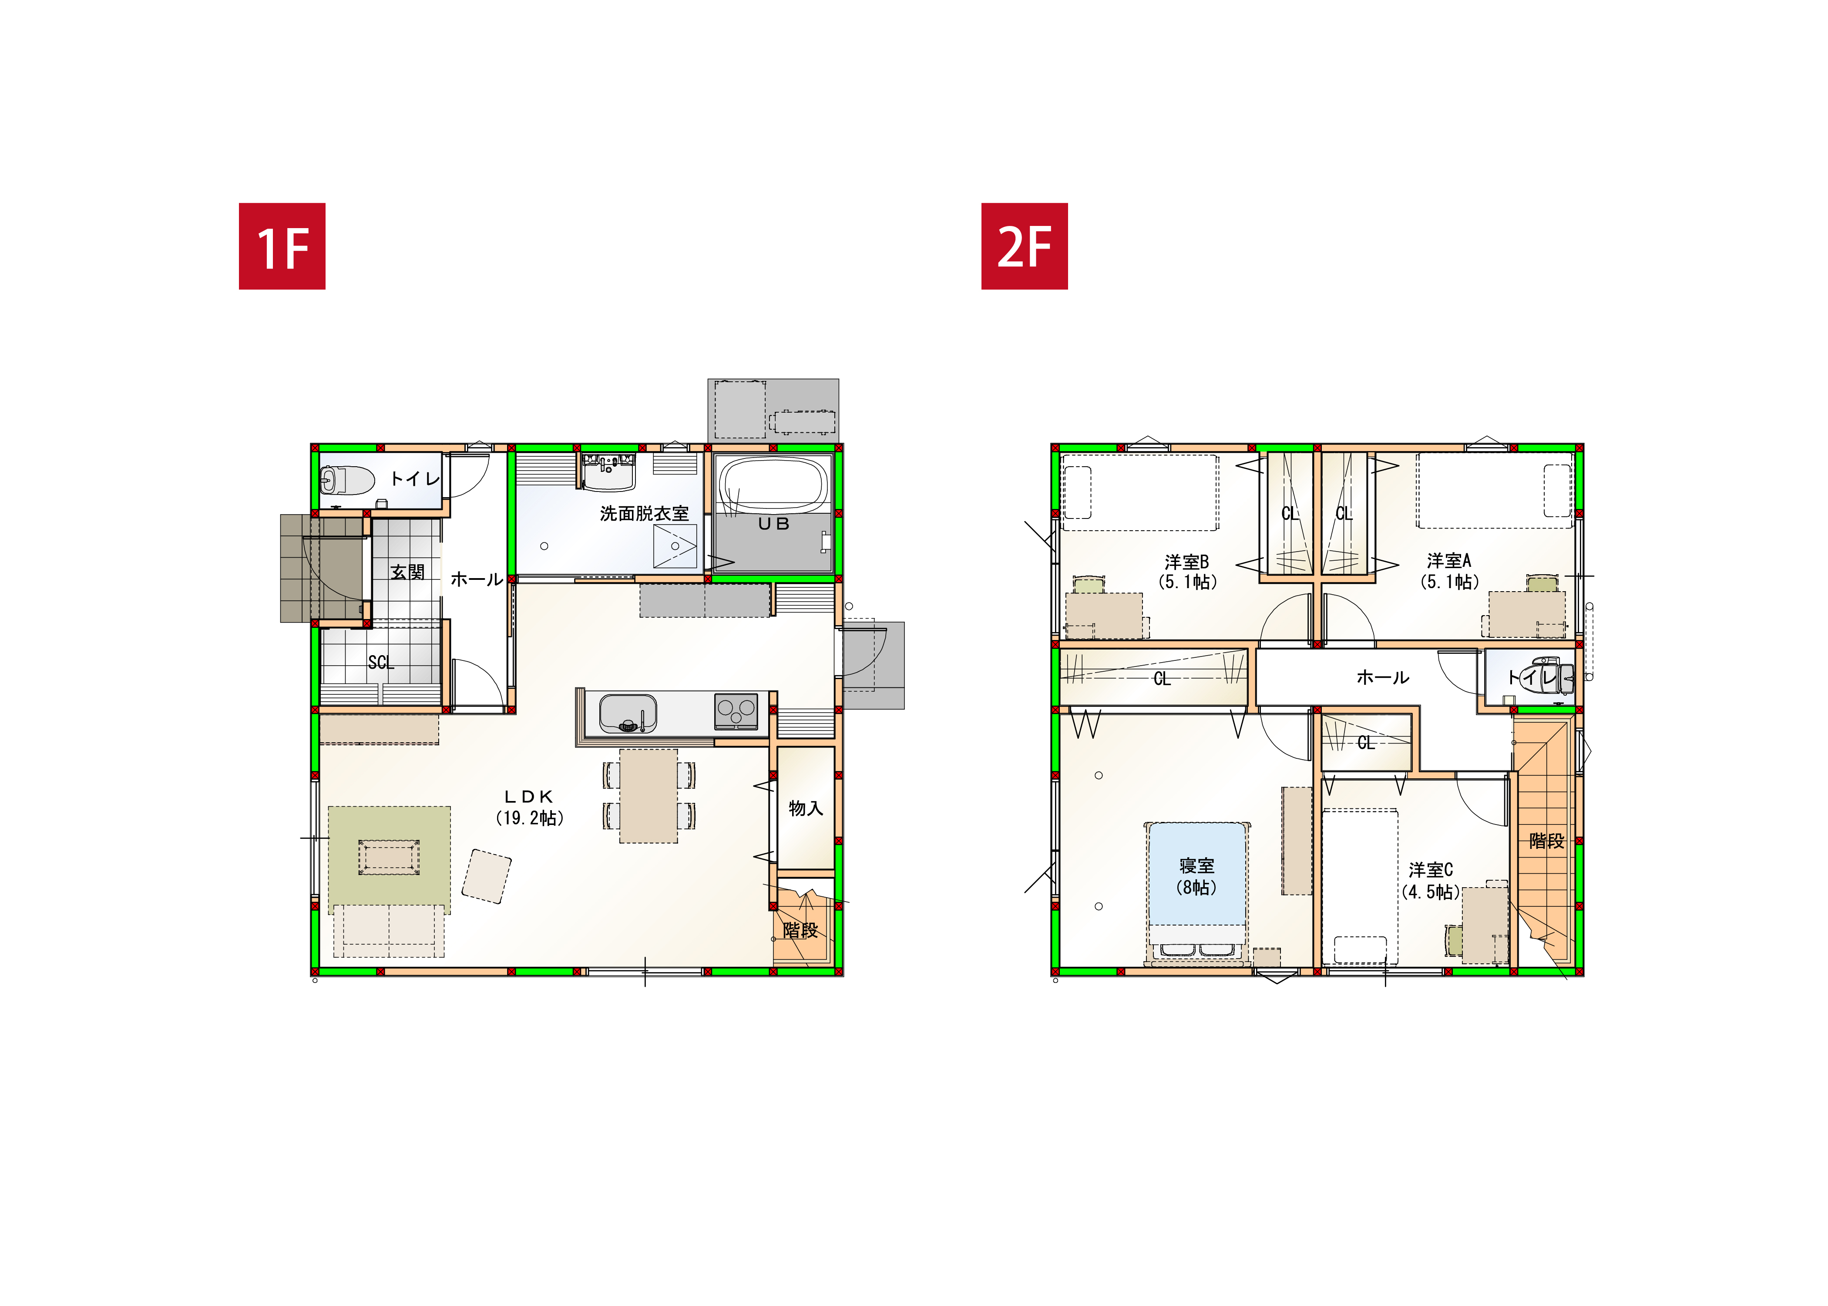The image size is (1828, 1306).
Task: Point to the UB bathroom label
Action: click(x=774, y=524)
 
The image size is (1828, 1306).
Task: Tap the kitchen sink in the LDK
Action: click(x=628, y=714)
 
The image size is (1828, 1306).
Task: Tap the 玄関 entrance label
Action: click(x=407, y=572)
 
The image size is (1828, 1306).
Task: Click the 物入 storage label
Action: click(x=806, y=808)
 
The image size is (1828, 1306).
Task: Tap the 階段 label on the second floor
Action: click(x=1547, y=841)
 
